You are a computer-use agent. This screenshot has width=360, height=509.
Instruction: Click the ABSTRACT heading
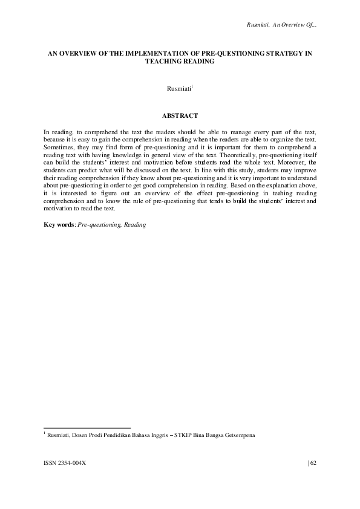(x=180, y=114)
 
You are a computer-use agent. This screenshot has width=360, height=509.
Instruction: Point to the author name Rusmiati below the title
(x=178, y=89)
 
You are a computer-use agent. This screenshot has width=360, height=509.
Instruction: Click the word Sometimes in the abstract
(x=58, y=147)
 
